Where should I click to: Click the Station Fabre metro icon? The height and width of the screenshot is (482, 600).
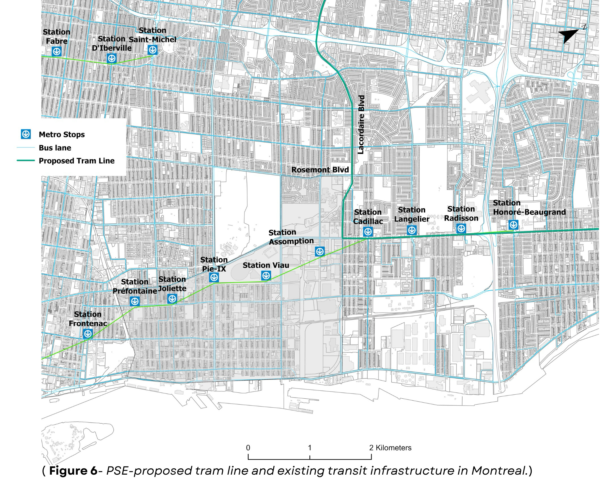pyautogui.click(x=57, y=52)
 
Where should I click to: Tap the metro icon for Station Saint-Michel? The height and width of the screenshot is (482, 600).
pyautogui.click(x=153, y=50)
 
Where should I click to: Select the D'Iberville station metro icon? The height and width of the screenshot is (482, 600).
pyautogui.click(x=111, y=59)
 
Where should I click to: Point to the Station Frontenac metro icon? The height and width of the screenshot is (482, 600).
pyautogui.click(x=88, y=334)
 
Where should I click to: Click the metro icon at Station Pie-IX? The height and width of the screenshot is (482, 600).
pyautogui.click(x=214, y=278)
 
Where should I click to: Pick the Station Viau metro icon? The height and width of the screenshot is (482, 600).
pyautogui.click(x=266, y=275)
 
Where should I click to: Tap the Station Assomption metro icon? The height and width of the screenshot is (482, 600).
pyautogui.click(x=320, y=251)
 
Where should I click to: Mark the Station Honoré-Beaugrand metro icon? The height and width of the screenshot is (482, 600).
pyautogui.click(x=513, y=225)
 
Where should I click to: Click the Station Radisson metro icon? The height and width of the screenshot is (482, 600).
pyautogui.click(x=461, y=228)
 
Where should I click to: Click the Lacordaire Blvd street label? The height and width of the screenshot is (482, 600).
pyautogui.click(x=361, y=125)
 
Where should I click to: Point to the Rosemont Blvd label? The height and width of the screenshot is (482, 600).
pyautogui.click(x=320, y=170)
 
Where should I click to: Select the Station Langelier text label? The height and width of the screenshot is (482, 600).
pyautogui.click(x=412, y=215)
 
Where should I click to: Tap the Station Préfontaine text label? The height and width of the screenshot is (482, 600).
pyautogui.click(x=135, y=286)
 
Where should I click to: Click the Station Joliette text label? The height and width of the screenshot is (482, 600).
pyautogui.click(x=172, y=284)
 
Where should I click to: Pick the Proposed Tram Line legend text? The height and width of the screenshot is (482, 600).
pyautogui.click(x=77, y=161)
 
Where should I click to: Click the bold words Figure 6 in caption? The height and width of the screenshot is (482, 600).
pyautogui.click(x=73, y=471)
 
